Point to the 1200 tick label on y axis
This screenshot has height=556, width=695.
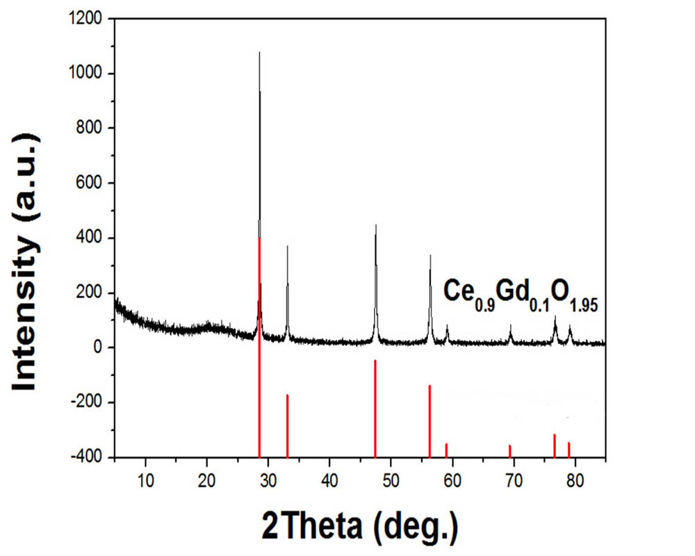pos(88,19)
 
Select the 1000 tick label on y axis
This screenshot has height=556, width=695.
pos(88,74)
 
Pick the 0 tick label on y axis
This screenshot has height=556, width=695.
pos(98,347)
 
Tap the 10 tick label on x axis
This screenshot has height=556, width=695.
pos(145,479)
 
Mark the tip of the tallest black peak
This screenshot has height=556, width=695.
pos(259,53)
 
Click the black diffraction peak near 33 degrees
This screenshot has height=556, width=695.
pos(287,247)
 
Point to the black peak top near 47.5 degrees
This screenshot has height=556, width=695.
pos(375,226)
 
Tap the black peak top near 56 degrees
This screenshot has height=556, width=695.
pos(430,256)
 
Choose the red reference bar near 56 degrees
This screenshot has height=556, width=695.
pos(430,421)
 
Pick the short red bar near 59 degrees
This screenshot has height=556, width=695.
pos(446,450)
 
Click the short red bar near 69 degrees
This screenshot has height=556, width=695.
pos(510,451)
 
